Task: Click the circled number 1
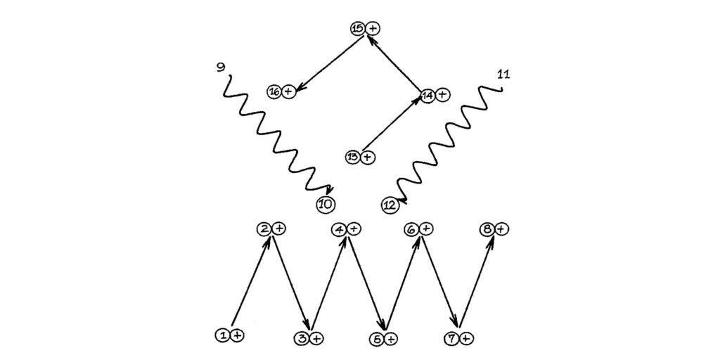(x=223, y=335)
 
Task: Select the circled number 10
(x=326, y=205)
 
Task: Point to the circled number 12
(x=390, y=205)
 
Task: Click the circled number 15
(x=359, y=28)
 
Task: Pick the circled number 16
(x=275, y=92)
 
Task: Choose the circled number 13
(x=353, y=157)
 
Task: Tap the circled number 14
(x=427, y=96)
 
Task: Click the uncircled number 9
(x=221, y=67)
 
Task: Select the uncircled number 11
(x=503, y=75)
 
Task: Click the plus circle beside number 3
(x=316, y=339)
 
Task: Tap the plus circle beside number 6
(x=425, y=229)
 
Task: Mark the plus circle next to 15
(x=373, y=28)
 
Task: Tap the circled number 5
(x=375, y=339)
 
